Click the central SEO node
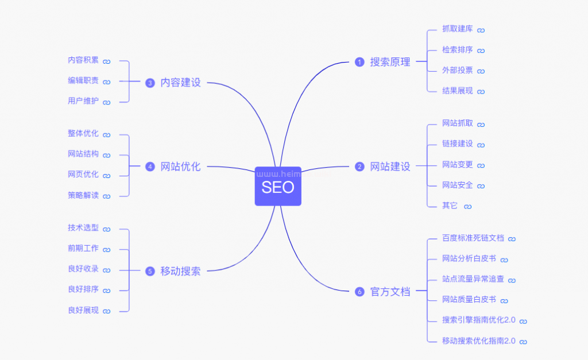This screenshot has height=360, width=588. (x=278, y=187)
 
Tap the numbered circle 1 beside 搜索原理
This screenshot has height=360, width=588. (x=359, y=62)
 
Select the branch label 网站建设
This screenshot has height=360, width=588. (x=390, y=167)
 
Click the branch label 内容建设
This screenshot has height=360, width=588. (x=180, y=83)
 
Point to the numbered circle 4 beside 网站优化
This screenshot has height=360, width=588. (x=150, y=167)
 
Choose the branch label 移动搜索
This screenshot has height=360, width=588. (x=180, y=271)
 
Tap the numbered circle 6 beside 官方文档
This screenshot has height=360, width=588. (x=359, y=292)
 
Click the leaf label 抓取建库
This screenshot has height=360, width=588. (x=457, y=29)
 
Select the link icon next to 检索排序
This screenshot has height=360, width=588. (x=481, y=51)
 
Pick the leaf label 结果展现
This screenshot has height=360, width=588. (x=457, y=91)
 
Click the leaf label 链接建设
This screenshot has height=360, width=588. (x=457, y=144)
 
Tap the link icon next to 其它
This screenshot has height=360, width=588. (x=467, y=206)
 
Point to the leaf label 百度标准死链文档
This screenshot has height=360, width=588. (x=473, y=238)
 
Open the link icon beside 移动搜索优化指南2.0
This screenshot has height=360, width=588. (x=523, y=342)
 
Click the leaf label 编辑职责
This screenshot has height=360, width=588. (x=83, y=81)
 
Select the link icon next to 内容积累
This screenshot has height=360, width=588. (x=106, y=61)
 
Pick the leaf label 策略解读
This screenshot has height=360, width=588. (x=83, y=195)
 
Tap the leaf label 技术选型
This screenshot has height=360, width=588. (x=83, y=228)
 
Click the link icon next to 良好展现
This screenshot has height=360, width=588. (x=106, y=311)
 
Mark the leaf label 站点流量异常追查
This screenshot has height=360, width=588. (x=473, y=279)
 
